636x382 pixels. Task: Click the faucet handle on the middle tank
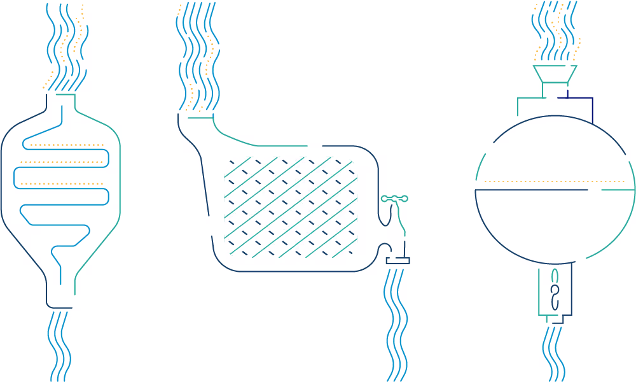tap(393, 199)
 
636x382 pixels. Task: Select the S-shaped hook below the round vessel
tap(555, 296)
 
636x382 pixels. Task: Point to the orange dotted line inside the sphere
tap(553, 181)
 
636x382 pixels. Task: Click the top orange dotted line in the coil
tap(67, 145)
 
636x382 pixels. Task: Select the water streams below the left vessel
tap(60, 344)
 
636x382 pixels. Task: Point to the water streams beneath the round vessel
tap(553, 353)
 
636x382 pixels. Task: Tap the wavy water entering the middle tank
tap(197, 57)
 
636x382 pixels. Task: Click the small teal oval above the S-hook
tap(555, 275)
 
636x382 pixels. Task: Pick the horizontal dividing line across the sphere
tap(532, 190)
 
